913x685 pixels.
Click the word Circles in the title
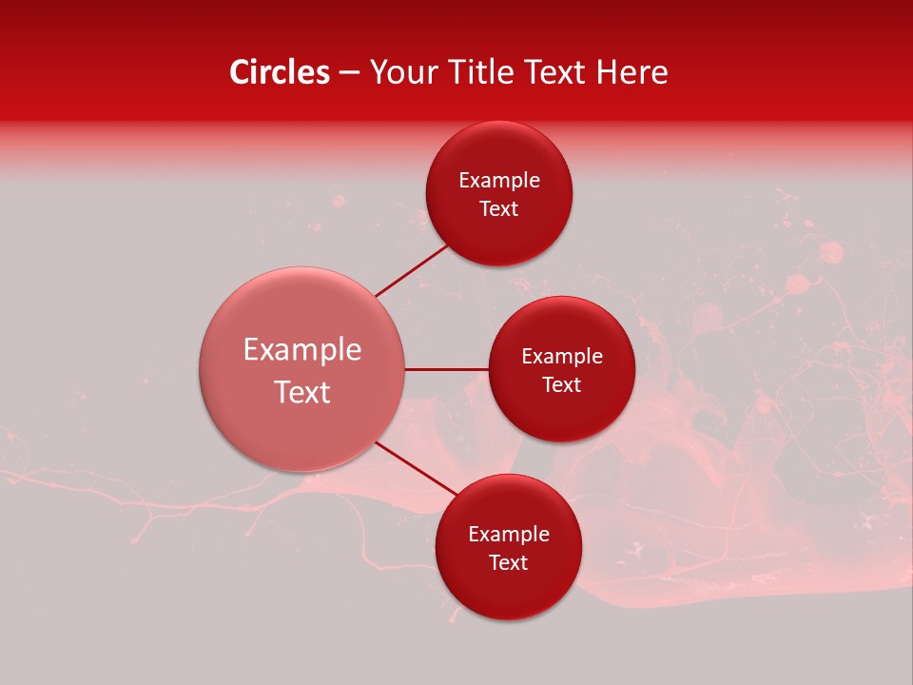[280, 72]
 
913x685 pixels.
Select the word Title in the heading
[494, 72]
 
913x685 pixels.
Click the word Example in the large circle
[302, 350]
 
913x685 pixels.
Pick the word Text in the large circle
[302, 392]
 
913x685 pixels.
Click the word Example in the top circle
[498, 181]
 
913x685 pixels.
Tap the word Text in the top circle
[498, 209]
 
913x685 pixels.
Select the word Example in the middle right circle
[561, 357]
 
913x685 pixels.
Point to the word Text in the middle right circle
[561, 385]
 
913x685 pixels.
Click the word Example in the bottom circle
[508, 535]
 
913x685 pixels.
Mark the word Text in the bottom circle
[508, 563]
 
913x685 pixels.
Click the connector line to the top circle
[411, 270]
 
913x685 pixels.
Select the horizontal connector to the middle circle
[447, 369]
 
